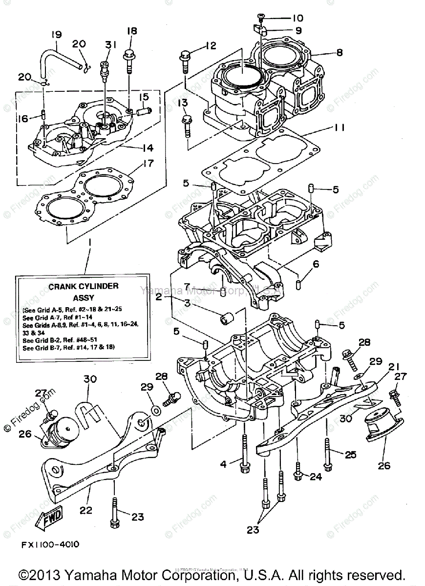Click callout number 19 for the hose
coord(56,35)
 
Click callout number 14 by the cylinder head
coord(147,147)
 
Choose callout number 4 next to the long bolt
coord(223,464)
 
